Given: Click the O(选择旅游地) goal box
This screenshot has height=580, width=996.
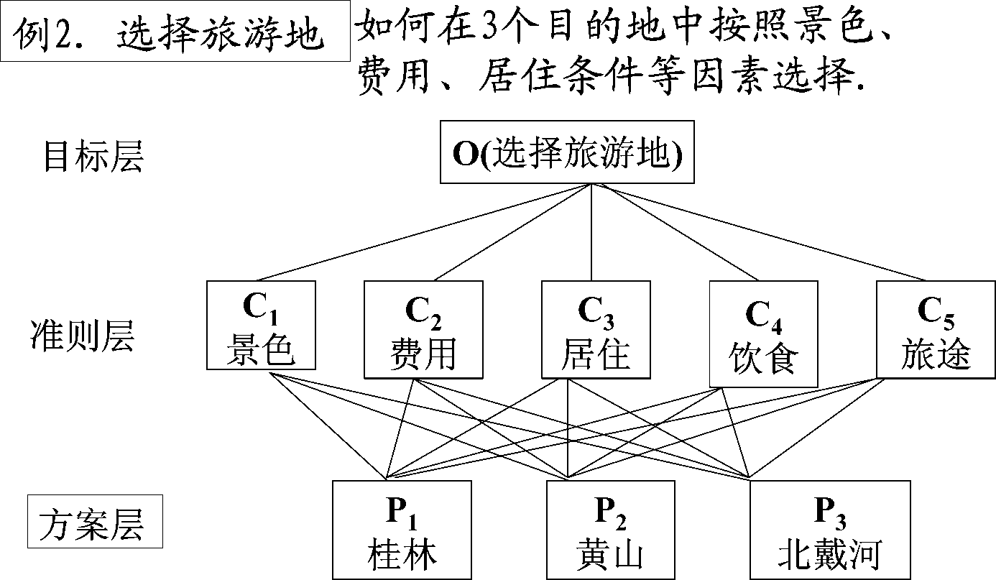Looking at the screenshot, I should (x=567, y=152).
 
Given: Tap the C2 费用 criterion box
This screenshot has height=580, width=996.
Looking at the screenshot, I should (x=423, y=329).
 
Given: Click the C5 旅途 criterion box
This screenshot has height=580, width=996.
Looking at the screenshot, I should (x=935, y=329).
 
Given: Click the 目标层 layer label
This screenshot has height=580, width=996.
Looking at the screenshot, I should (x=93, y=155).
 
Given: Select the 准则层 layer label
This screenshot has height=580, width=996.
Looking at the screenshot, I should (x=82, y=335).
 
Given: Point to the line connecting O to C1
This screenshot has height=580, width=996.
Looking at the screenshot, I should (x=424, y=231).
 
